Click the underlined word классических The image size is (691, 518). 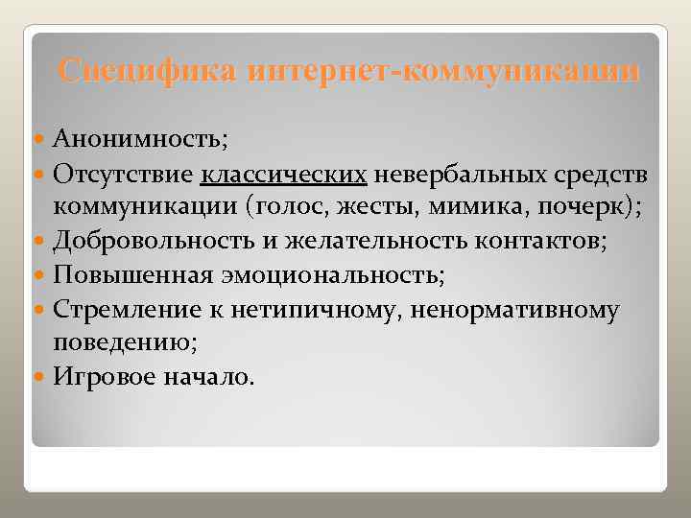click(x=284, y=175)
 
